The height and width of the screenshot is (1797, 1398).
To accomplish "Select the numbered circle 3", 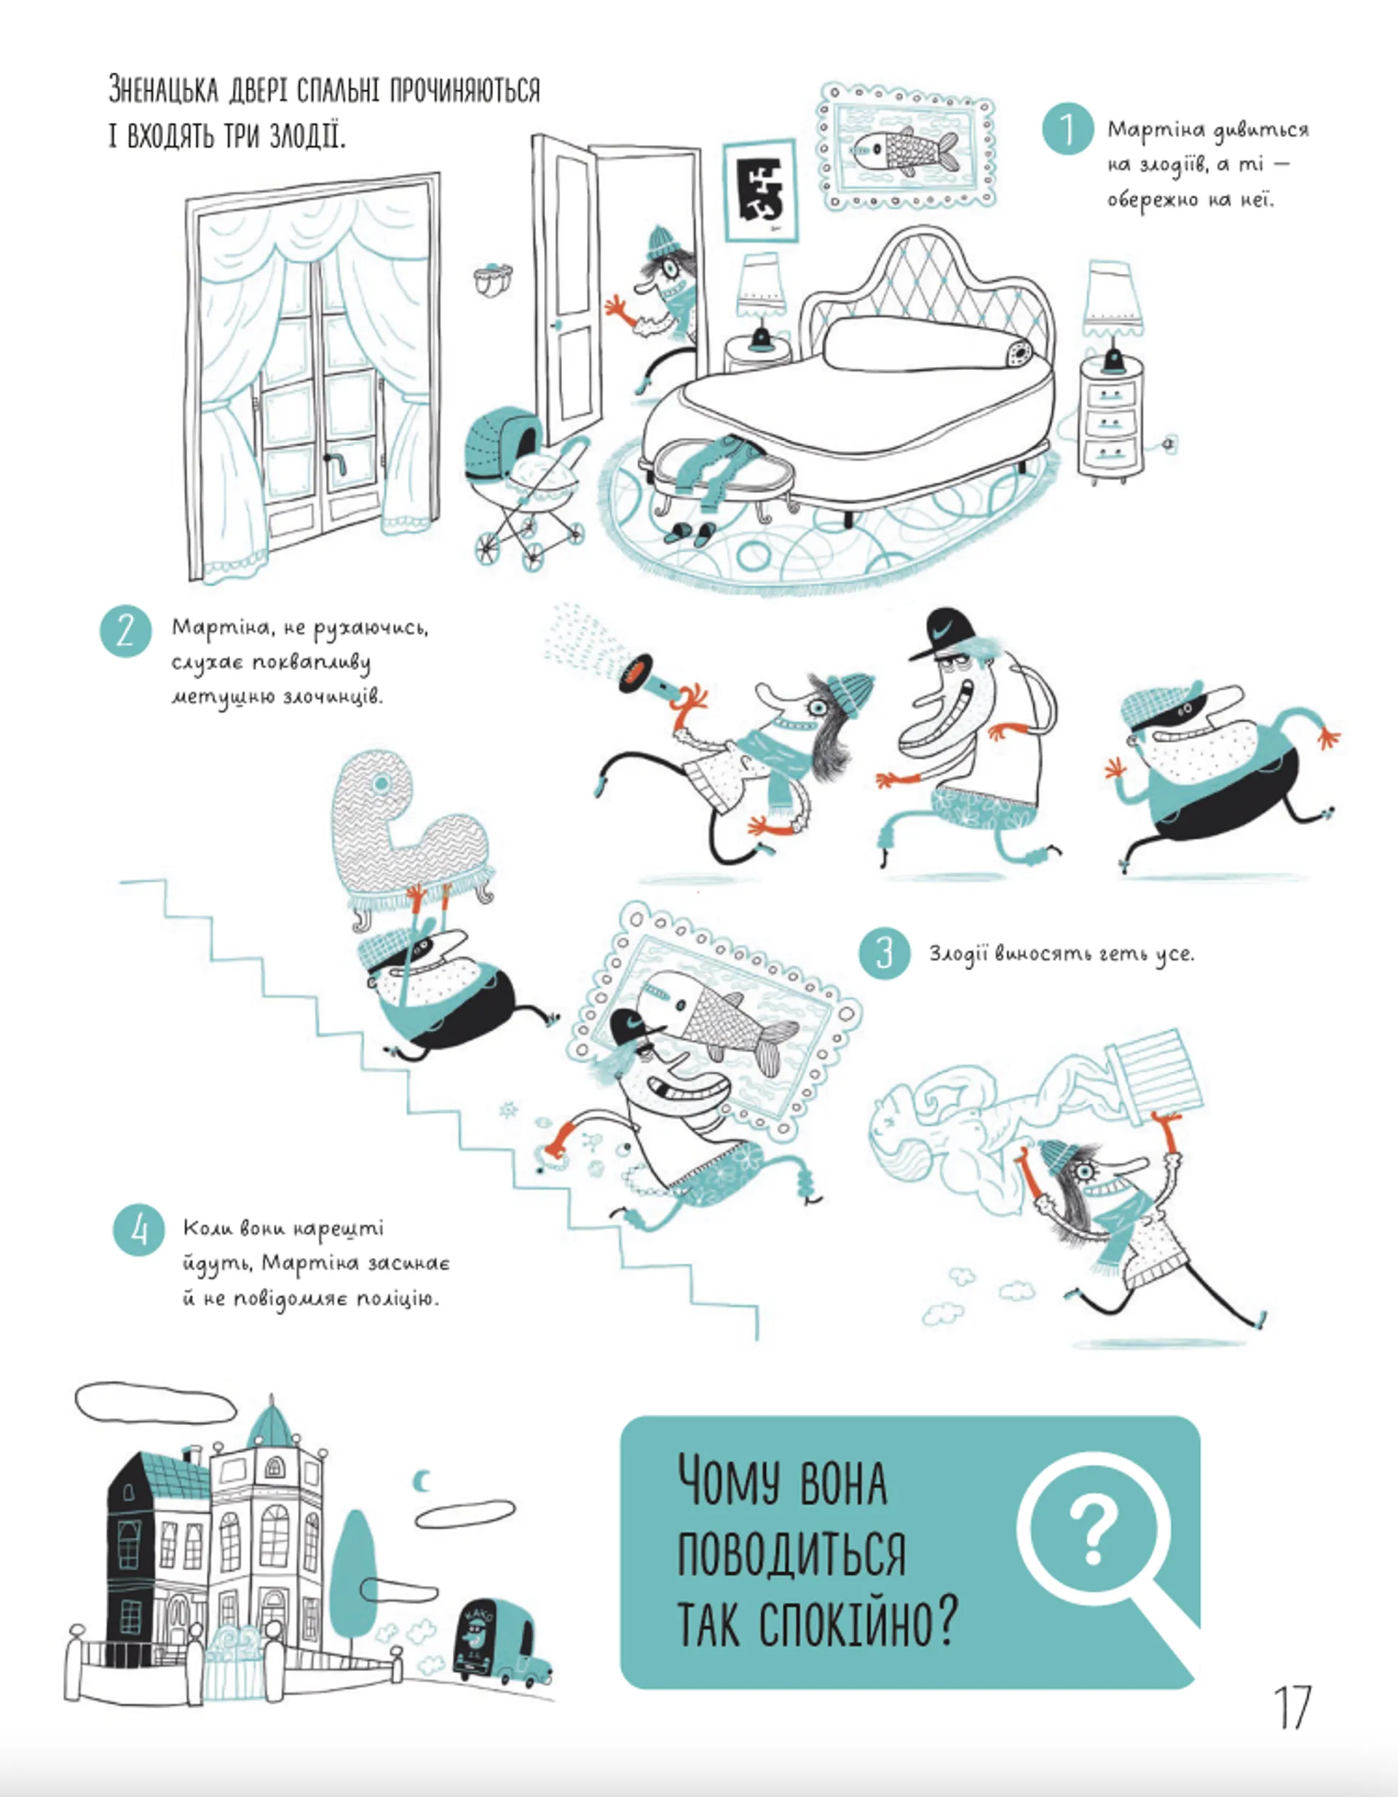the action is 885,953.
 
